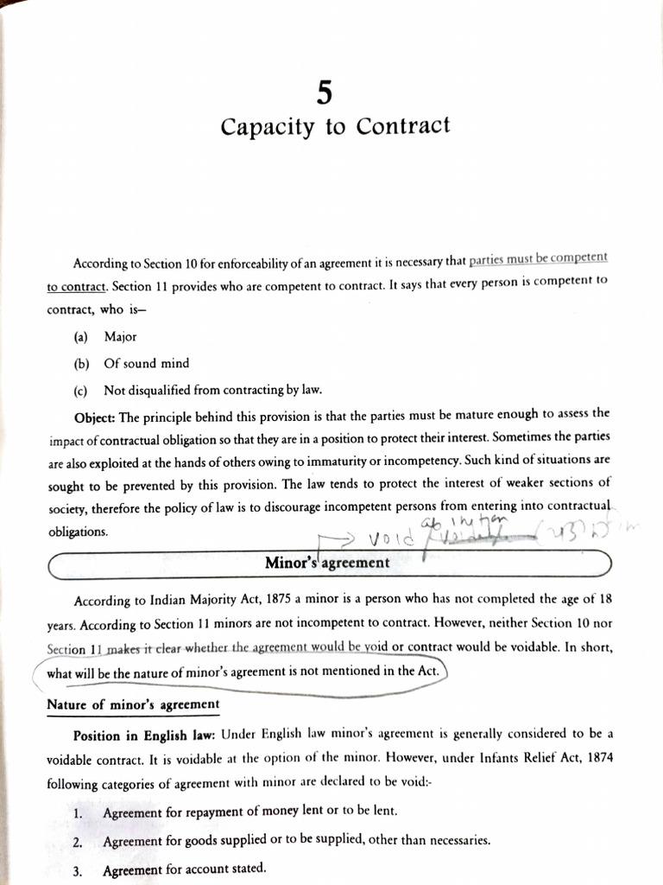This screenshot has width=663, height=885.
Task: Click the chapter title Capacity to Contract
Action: [x=335, y=127]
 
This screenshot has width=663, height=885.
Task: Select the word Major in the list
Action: [x=120, y=336]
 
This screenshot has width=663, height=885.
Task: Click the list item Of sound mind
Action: [x=146, y=363]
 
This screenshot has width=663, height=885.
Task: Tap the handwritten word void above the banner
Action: [x=388, y=539]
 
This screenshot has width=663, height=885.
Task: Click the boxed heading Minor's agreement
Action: [x=327, y=563]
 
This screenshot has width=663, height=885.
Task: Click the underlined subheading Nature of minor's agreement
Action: [x=132, y=704]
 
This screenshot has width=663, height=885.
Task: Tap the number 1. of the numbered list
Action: [x=79, y=812]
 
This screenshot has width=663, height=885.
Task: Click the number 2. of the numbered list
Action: [x=78, y=841]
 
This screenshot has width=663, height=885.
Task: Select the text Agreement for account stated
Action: [x=184, y=869]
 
